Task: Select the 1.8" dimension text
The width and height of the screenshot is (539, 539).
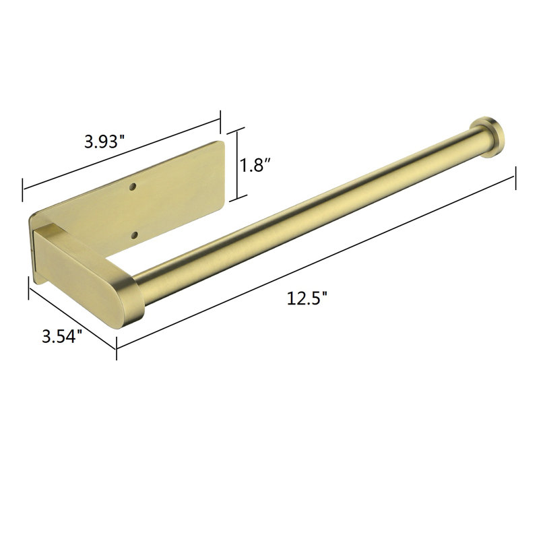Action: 256,165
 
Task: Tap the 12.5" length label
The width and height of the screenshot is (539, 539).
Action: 307,298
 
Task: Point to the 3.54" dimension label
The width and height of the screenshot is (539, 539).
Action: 62,336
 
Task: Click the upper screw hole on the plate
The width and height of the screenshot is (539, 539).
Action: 132,187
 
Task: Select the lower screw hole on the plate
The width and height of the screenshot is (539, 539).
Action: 134,235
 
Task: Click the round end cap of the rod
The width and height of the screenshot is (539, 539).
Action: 491,137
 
